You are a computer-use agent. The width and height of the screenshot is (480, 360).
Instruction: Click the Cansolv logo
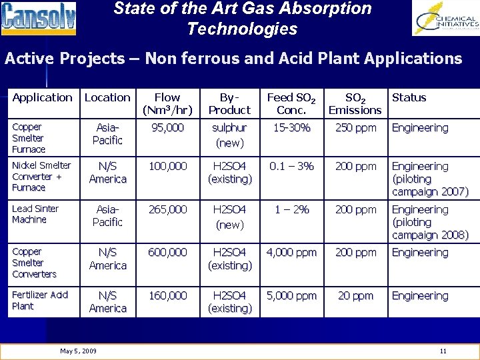click(x=39, y=19)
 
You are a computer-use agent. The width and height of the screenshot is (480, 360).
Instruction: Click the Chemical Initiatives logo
click(x=445, y=19)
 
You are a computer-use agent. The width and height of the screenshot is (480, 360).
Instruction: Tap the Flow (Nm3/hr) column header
click(x=167, y=103)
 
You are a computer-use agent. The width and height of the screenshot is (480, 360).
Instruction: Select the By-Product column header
click(x=229, y=103)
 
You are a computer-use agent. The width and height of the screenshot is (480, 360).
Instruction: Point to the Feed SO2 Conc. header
click(x=291, y=103)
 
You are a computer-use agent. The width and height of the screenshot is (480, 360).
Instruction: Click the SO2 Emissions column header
click(x=355, y=103)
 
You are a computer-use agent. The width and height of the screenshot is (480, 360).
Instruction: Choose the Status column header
click(x=409, y=97)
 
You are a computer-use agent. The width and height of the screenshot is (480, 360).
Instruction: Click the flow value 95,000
click(x=167, y=128)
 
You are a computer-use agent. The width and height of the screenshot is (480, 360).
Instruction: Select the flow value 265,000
click(x=167, y=209)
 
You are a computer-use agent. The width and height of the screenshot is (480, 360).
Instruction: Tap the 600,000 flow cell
click(x=167, y=253)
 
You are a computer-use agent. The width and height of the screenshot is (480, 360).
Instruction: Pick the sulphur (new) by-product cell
click(x=229, y=135)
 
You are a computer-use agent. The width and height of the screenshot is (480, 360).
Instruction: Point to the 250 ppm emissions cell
click(x=355, y=128)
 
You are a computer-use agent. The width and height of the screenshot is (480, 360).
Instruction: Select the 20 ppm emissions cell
click(x=355, y=296)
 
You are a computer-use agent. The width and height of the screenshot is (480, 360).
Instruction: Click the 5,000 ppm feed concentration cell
click(x=291, y=296)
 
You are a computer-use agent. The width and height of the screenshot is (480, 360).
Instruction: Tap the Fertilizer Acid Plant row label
click(x=40, y=301)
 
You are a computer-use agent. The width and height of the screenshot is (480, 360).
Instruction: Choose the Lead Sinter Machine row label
click(x=35, y=214)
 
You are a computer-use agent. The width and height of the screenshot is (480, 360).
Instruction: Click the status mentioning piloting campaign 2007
click(x=429, y=179)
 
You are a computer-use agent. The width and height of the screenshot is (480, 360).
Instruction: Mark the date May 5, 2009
click(x=78, y=351)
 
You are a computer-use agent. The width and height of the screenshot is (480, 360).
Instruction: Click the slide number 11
click(x=443, y=351)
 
